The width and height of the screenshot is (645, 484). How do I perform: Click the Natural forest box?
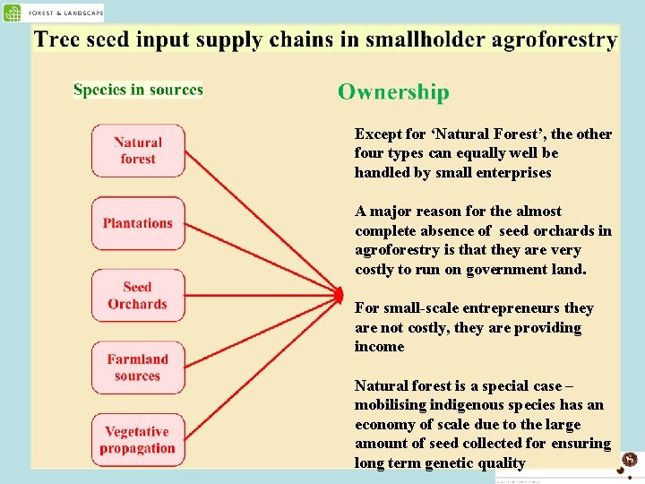(138, 151)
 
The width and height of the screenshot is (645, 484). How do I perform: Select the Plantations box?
(138, 223)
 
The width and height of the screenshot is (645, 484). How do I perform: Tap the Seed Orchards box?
(138, 296)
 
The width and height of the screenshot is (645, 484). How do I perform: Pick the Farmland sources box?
(138, 367)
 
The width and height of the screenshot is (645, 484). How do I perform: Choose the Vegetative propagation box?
(138, 440)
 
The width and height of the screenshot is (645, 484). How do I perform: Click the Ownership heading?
(393, 92)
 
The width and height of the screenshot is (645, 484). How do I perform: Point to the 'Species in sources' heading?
(138, 90)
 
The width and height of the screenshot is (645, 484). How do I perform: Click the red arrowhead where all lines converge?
(339, 294)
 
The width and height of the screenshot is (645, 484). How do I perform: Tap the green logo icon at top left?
(13, 13)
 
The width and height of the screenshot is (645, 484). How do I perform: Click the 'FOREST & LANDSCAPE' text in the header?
(64, 13)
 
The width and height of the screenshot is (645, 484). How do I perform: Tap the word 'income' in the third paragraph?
(379, 347)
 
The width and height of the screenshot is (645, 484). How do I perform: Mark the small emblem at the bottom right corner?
(630, 460)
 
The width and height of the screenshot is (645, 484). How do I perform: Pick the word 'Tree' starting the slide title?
(56, 40)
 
